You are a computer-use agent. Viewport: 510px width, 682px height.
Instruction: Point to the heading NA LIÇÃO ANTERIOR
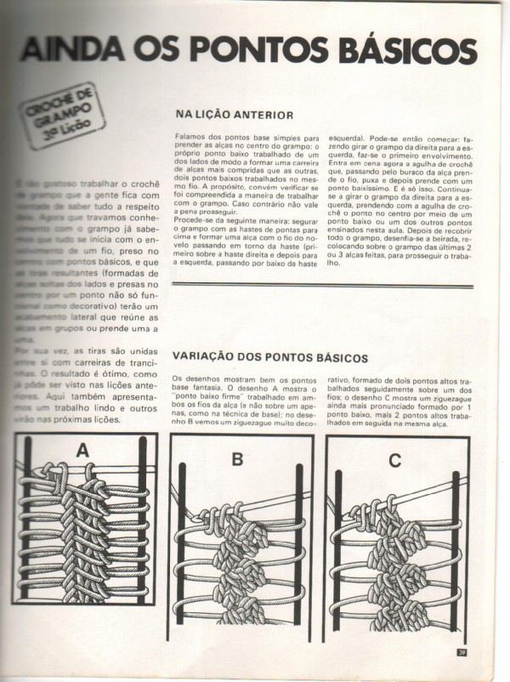coord(234,114)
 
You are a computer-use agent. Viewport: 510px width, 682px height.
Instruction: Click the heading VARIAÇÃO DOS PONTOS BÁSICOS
coord(270,358)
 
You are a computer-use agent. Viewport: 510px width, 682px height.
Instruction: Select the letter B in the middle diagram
coord(238,459)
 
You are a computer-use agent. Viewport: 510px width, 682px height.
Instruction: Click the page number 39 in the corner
coord(462,652)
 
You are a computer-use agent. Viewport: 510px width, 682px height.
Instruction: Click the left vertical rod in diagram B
coord(182,553)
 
